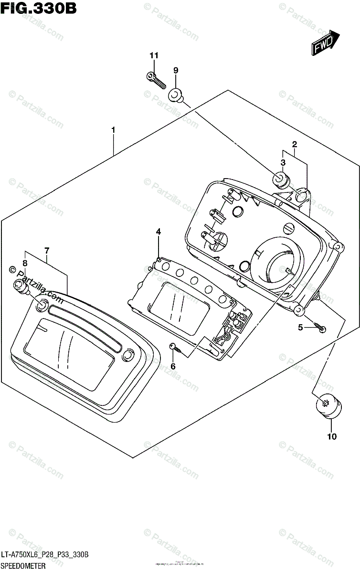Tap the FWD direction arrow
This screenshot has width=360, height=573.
coord(326,43)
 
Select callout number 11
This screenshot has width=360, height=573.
coord(153,56)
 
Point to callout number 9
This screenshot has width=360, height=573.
coord(176,70)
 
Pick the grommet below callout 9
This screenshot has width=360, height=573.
coord(175,95)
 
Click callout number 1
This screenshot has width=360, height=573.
coord(113,129)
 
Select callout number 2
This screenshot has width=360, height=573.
coord(295,144)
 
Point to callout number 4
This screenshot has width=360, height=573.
coord(158,232)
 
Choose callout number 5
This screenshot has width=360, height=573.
coord(300,327)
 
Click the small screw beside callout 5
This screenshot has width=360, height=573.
coord(319,327)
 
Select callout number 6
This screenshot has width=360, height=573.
coord(173,366)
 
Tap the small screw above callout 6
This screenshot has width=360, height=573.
coord(175,347)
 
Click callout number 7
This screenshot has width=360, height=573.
coord(47,250)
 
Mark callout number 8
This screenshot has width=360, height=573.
coord(24,263)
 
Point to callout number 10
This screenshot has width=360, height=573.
coord(332,436)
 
